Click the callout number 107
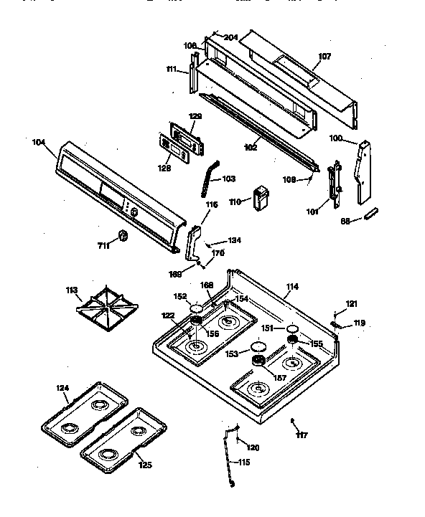coord(324,56)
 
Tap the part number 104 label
coord(39,142)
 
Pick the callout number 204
coord(230,37)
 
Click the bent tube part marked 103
coord(207,176)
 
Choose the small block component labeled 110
coord(260,198)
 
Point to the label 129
coord(175,116)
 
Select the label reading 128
coord(164,168)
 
